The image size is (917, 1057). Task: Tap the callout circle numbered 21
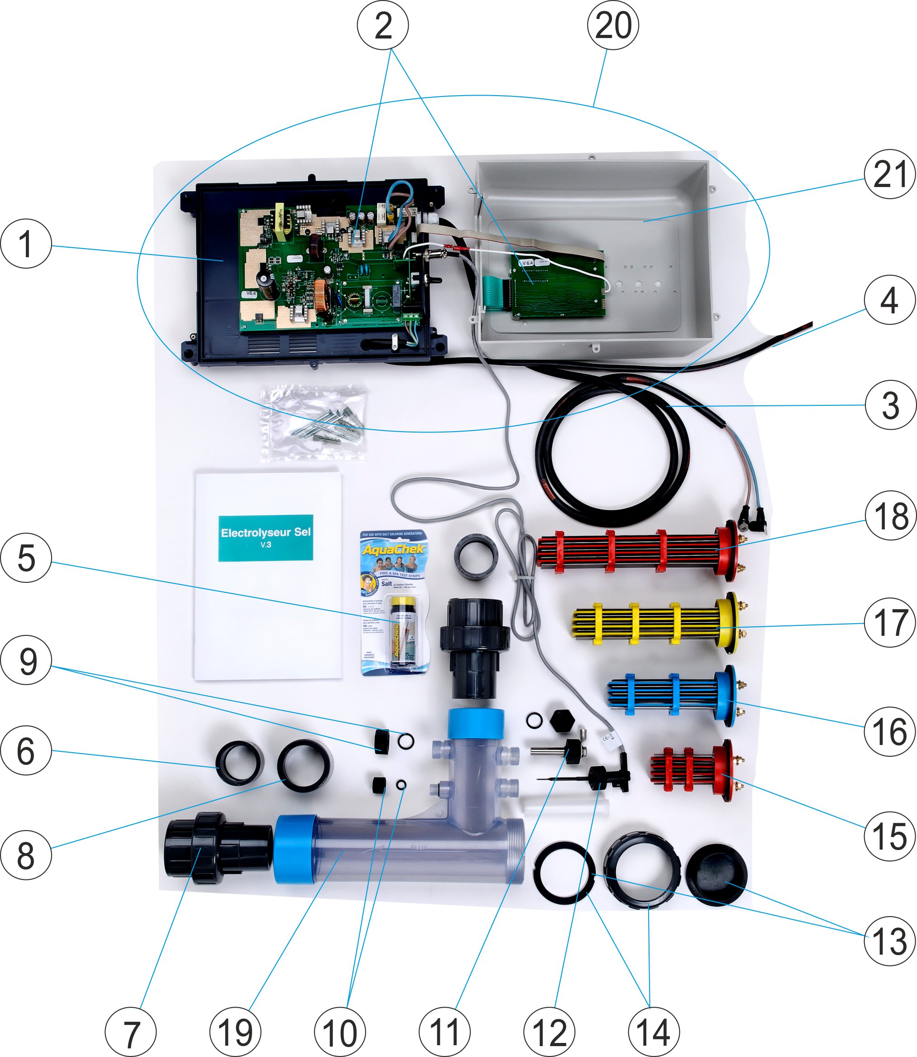[x=890, y=174]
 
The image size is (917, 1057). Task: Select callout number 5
[x=26, y=557]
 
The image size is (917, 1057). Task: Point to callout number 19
[x=235, y=1031]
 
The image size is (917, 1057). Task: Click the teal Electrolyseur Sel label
[x=266, y=538]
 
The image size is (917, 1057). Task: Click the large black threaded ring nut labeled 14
[x=642, y=870]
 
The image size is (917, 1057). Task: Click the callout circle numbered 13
[x=890, y=941]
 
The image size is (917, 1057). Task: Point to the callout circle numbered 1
[x=26, y=243]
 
